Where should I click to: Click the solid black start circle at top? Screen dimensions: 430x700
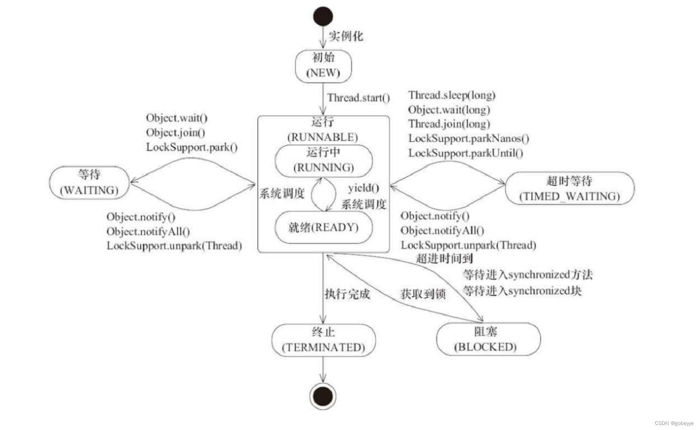[323, 16]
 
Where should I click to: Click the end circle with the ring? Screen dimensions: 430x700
[323, 396]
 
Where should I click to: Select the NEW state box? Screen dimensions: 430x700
[323, 66]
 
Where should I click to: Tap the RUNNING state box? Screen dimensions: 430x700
[323, 161]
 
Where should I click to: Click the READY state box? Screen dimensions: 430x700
[323, 228]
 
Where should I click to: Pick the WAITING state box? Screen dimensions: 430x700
[89, 183]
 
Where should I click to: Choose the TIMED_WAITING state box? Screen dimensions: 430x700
[569, 188]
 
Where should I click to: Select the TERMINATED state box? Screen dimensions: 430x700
[323, 340]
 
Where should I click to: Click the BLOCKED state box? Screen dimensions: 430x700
[488, 339]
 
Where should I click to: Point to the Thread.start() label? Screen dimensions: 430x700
[358, 98]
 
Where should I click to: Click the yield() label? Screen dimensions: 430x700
[364, 188]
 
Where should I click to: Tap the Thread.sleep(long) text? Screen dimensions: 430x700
[452, 96]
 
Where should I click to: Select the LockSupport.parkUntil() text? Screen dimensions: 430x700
[465, 153]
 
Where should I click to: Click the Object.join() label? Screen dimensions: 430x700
[175, 133]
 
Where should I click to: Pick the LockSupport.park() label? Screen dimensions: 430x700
[192, 147]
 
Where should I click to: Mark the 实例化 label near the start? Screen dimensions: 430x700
[346, 36]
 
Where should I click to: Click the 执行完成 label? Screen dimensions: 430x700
[347, 294]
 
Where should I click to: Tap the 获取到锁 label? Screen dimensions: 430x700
[423, 294]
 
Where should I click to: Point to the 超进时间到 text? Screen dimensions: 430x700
[444, 258]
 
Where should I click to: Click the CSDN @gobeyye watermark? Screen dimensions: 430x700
[674, 423]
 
